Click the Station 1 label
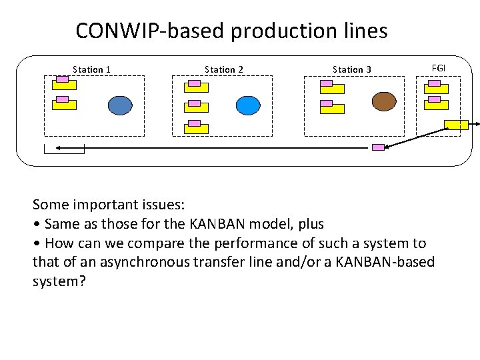91,69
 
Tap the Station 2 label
224,69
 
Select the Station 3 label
352,69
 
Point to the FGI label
439,68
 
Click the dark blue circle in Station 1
121,105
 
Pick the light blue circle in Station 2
248,105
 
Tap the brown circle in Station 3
384,101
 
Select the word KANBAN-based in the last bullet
394,262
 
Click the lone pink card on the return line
378,147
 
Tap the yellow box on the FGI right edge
457,124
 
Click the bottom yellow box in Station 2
196,128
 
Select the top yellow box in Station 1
64,85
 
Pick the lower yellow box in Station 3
331,108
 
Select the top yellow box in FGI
437,88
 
